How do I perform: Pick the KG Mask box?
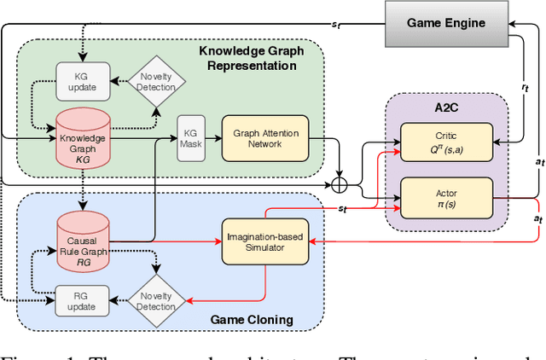(189, 137)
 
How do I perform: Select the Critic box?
(446, 142)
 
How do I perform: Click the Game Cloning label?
(251, 319)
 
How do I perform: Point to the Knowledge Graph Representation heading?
(251, 59)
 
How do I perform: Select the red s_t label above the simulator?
(341, 207)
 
